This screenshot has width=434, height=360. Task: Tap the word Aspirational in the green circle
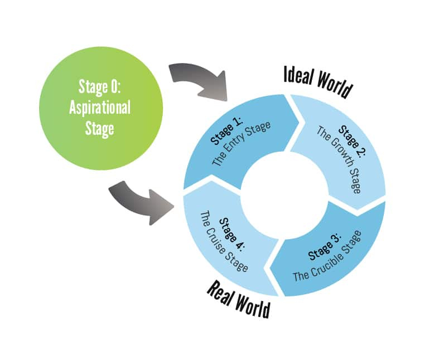[x=99, y=108]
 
